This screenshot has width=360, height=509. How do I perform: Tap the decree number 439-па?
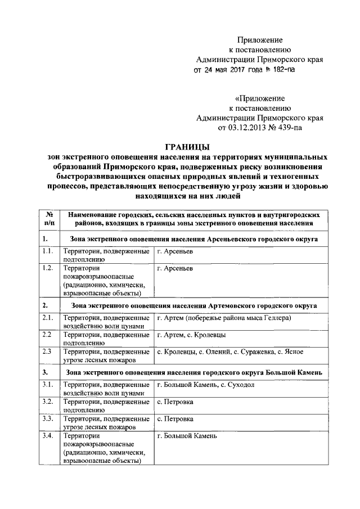(x=290, y=128)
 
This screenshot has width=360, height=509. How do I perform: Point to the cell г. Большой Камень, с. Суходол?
(x=206, y=385)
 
